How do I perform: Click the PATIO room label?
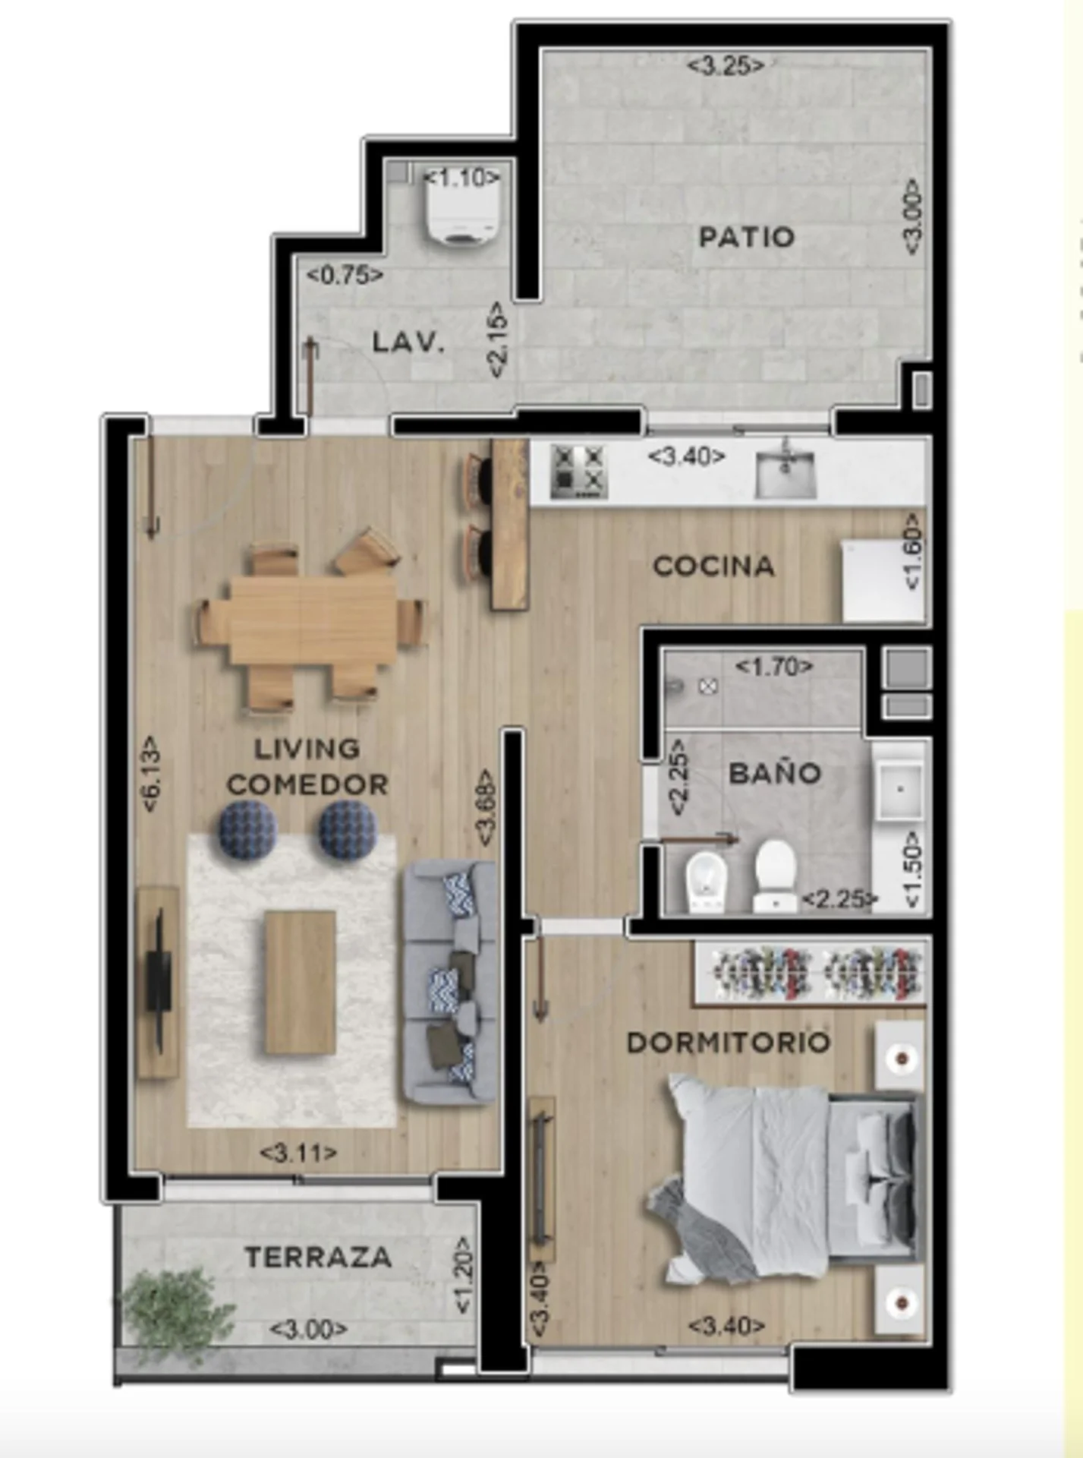tap(746, 237)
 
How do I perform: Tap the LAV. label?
tap(408, 343)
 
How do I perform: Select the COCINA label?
tap(713, 566)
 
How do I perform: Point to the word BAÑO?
tap(775, 773)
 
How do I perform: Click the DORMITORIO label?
tap(729, 1043)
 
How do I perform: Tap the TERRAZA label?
tap(318, 1258)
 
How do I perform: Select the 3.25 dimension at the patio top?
tap(726, 65)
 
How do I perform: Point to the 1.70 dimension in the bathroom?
tap(774, 667)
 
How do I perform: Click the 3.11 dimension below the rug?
tap(298, 1153)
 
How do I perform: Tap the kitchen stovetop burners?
tap(578, 471)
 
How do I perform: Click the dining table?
tap(313, 620)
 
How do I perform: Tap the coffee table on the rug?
tap(300, 982)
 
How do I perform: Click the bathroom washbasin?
tap(900, 790)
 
